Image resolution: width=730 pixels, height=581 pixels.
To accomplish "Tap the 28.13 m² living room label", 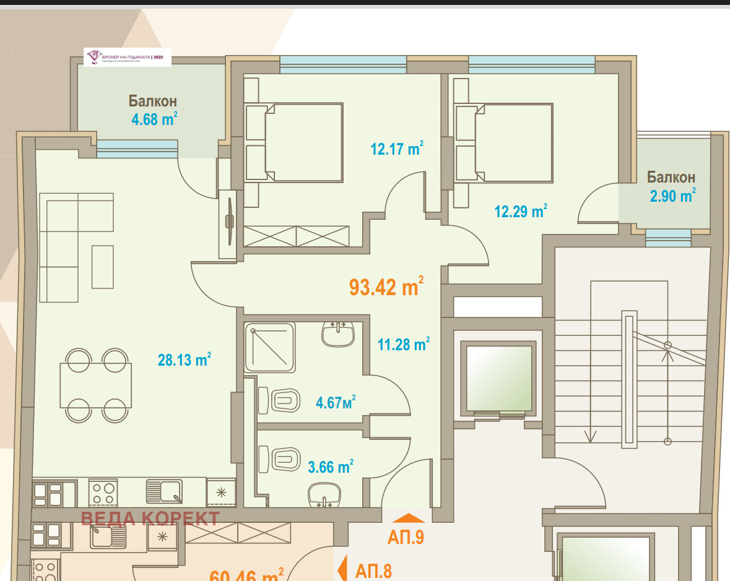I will tap(185, 360).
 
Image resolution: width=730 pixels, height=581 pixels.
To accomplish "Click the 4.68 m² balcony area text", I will tap(154, 119).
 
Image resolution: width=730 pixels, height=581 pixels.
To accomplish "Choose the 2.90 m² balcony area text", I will tap(672, 196).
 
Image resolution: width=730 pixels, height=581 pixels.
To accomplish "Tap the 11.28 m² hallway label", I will tap(403, 345).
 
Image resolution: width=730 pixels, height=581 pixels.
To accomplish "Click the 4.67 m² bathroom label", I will tap(335, 403).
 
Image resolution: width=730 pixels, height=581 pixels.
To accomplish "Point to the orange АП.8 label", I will tap(373, 570).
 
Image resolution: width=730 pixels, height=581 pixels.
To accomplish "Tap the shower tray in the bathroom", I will tap(269, 347).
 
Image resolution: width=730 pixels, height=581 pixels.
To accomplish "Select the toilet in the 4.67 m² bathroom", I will tap(279, 400).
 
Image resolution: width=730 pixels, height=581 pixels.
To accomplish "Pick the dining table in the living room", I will tap(95, 385).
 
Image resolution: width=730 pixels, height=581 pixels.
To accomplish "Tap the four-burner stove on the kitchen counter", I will tap(103, 493).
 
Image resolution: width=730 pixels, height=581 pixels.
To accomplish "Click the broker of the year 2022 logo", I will tap(128, 57).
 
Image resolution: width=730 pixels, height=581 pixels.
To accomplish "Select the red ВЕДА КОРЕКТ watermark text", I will tap(150, 519).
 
